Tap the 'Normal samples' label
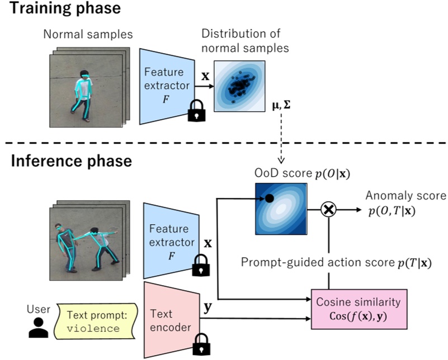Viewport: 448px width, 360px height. [x=88, y=35]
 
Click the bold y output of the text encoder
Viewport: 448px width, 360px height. [x=209, y=307]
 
